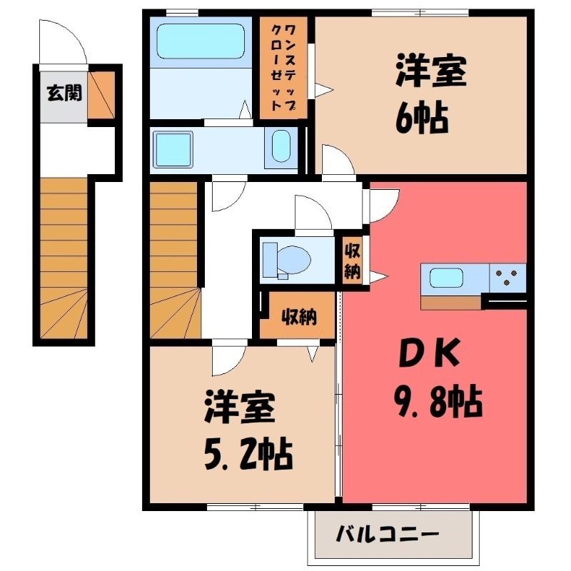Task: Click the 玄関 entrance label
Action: point(64,94)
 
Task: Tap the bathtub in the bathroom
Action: point(201,41)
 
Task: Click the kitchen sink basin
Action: point(446,278)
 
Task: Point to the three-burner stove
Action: point(507,278)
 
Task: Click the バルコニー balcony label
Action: point(388,535)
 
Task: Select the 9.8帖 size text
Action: point(438,403)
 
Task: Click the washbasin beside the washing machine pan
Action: point(281,146)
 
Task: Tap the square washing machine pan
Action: point(173,149)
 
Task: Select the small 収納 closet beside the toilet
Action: point(353,261)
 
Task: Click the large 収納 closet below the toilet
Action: point(298,315)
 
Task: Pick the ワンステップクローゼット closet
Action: point(283,68)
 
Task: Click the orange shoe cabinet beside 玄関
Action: point(101,95)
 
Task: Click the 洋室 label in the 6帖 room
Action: point(431,70)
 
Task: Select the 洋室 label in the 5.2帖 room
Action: point(240,407)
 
